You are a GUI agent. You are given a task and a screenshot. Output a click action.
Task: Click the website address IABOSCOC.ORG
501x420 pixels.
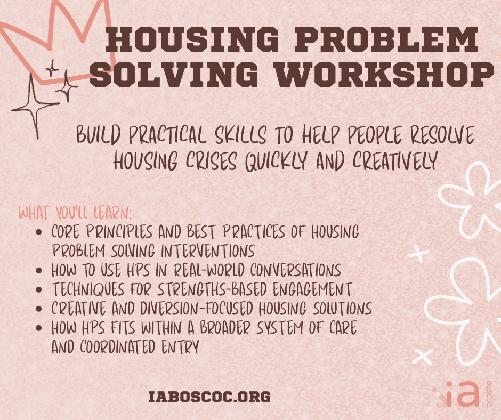(210, 397)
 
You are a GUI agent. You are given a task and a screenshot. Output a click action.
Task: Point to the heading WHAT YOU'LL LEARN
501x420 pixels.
(75, 214)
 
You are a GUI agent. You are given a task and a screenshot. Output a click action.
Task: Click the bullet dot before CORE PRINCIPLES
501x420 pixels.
(38, 233)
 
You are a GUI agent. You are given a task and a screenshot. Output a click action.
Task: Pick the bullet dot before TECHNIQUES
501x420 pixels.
(38, 290)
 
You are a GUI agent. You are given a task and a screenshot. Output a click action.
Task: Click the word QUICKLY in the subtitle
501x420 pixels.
(277, 160)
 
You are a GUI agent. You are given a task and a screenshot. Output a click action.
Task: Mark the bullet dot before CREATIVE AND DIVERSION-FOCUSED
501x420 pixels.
(38, 310)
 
